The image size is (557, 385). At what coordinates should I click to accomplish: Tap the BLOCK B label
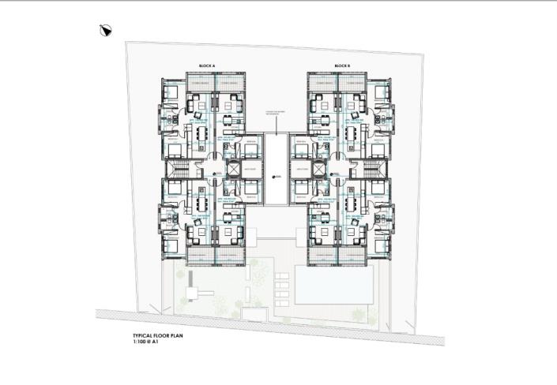(341, 65)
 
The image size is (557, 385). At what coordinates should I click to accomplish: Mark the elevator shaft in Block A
(233, 170)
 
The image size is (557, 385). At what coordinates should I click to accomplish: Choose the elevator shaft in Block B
(318, 170)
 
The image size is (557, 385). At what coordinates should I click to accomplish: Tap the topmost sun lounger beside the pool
(283, 275)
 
